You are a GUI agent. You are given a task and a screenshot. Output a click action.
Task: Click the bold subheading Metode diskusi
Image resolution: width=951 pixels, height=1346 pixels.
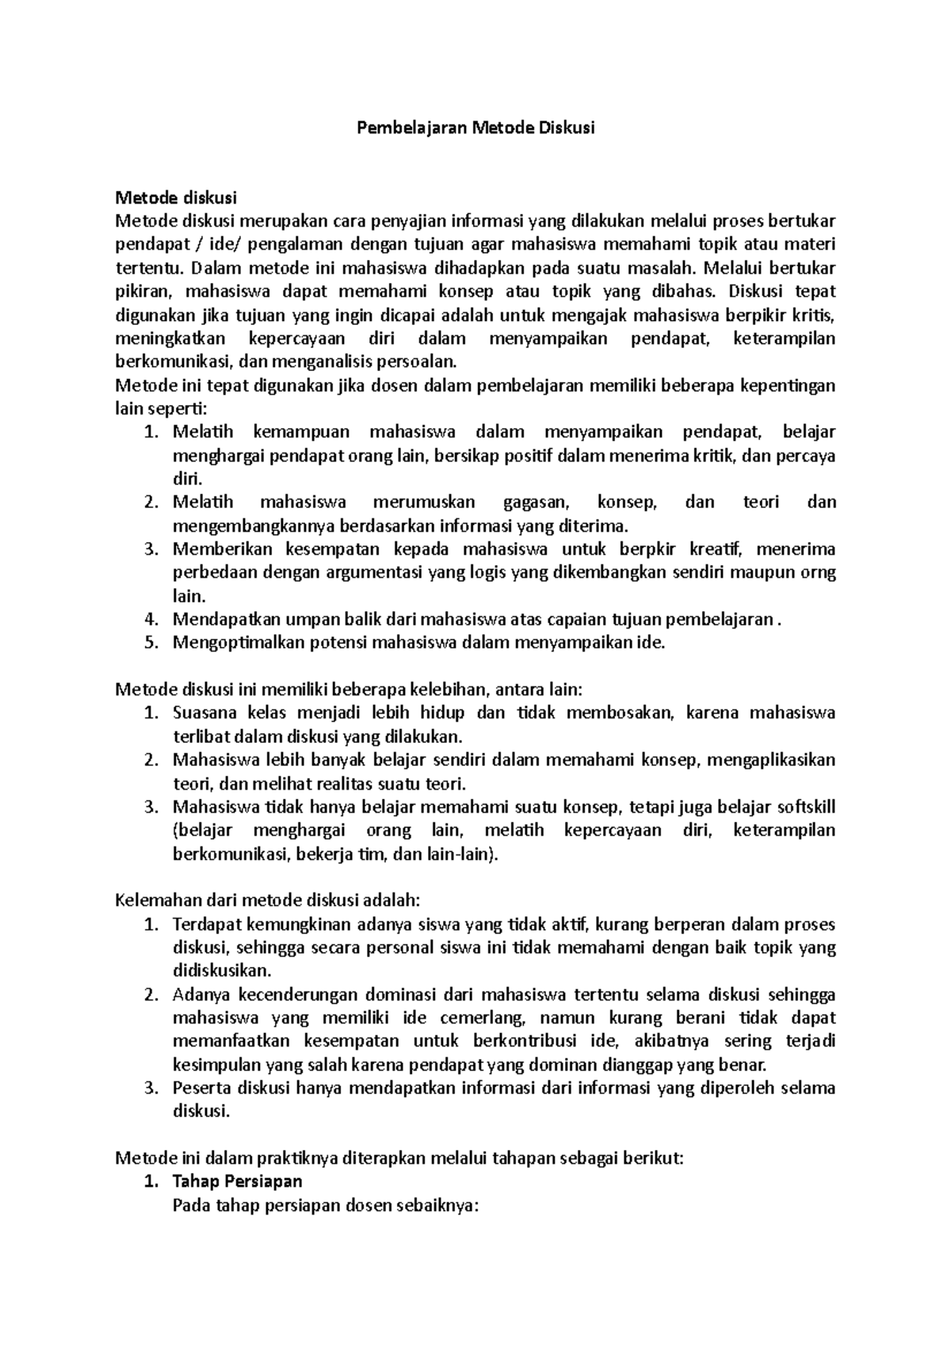point(176,197)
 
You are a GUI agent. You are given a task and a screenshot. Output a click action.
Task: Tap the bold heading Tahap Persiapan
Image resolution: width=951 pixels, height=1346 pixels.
point(237,1181)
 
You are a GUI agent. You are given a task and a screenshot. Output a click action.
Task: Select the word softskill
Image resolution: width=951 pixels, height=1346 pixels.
point(805,807)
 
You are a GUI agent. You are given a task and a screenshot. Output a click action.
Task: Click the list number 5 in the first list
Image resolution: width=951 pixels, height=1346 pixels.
point(152,643)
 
